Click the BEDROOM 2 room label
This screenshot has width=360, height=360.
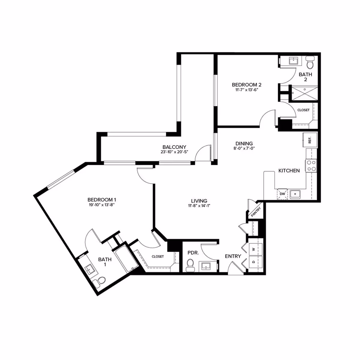(247, 85)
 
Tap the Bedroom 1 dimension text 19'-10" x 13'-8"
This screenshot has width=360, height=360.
(101, 205)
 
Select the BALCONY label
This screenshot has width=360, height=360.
(174, 147)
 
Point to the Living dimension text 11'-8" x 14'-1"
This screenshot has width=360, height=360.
(199, 206)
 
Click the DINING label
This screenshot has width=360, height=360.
(244, 143)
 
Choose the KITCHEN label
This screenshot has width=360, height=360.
(289, 171)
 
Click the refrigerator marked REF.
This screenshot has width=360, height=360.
(310, 140)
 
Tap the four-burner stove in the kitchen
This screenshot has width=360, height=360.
(311, 166)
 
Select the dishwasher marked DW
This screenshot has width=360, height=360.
(282, 194)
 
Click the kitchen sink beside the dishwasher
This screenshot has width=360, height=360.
(295, 194)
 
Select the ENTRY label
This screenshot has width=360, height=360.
(233, 256)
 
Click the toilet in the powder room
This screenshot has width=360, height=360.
(190, 265)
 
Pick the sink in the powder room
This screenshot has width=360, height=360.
(207, 266)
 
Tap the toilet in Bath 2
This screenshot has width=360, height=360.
(310, 64)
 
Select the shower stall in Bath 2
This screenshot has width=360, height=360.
(303, 93)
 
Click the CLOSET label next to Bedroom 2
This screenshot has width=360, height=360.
(303, 110)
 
